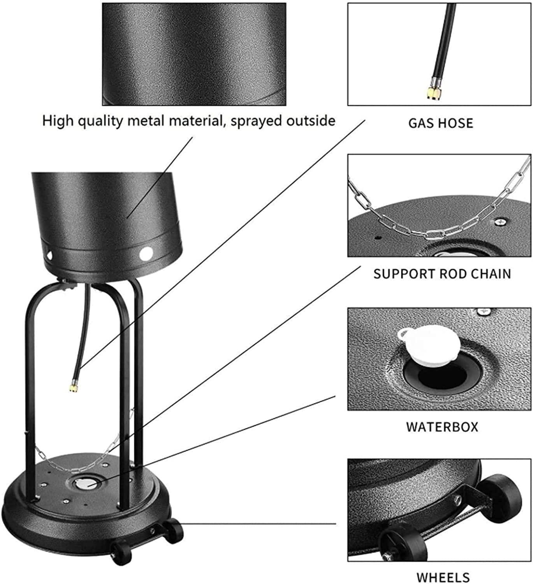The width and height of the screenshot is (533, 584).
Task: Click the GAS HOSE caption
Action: [x=441, y=123]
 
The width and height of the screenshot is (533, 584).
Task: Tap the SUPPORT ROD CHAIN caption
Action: [x=442, y=274]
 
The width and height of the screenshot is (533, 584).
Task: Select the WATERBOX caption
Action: [x=442, y=427]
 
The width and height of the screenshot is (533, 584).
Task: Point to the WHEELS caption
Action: [x=443, y=578]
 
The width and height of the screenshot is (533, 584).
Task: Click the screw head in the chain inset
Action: [x=501, y=222]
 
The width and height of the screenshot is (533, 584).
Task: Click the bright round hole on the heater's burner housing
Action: [x=146, y=253]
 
